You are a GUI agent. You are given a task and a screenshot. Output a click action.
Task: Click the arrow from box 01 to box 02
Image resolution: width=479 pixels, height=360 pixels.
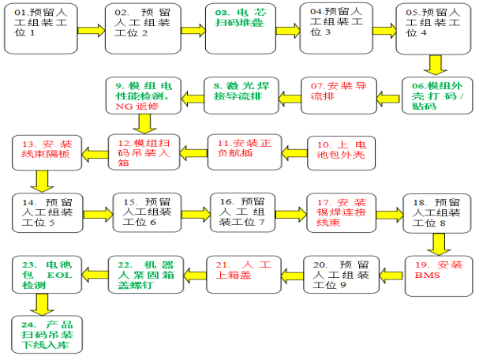coord(89,30)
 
